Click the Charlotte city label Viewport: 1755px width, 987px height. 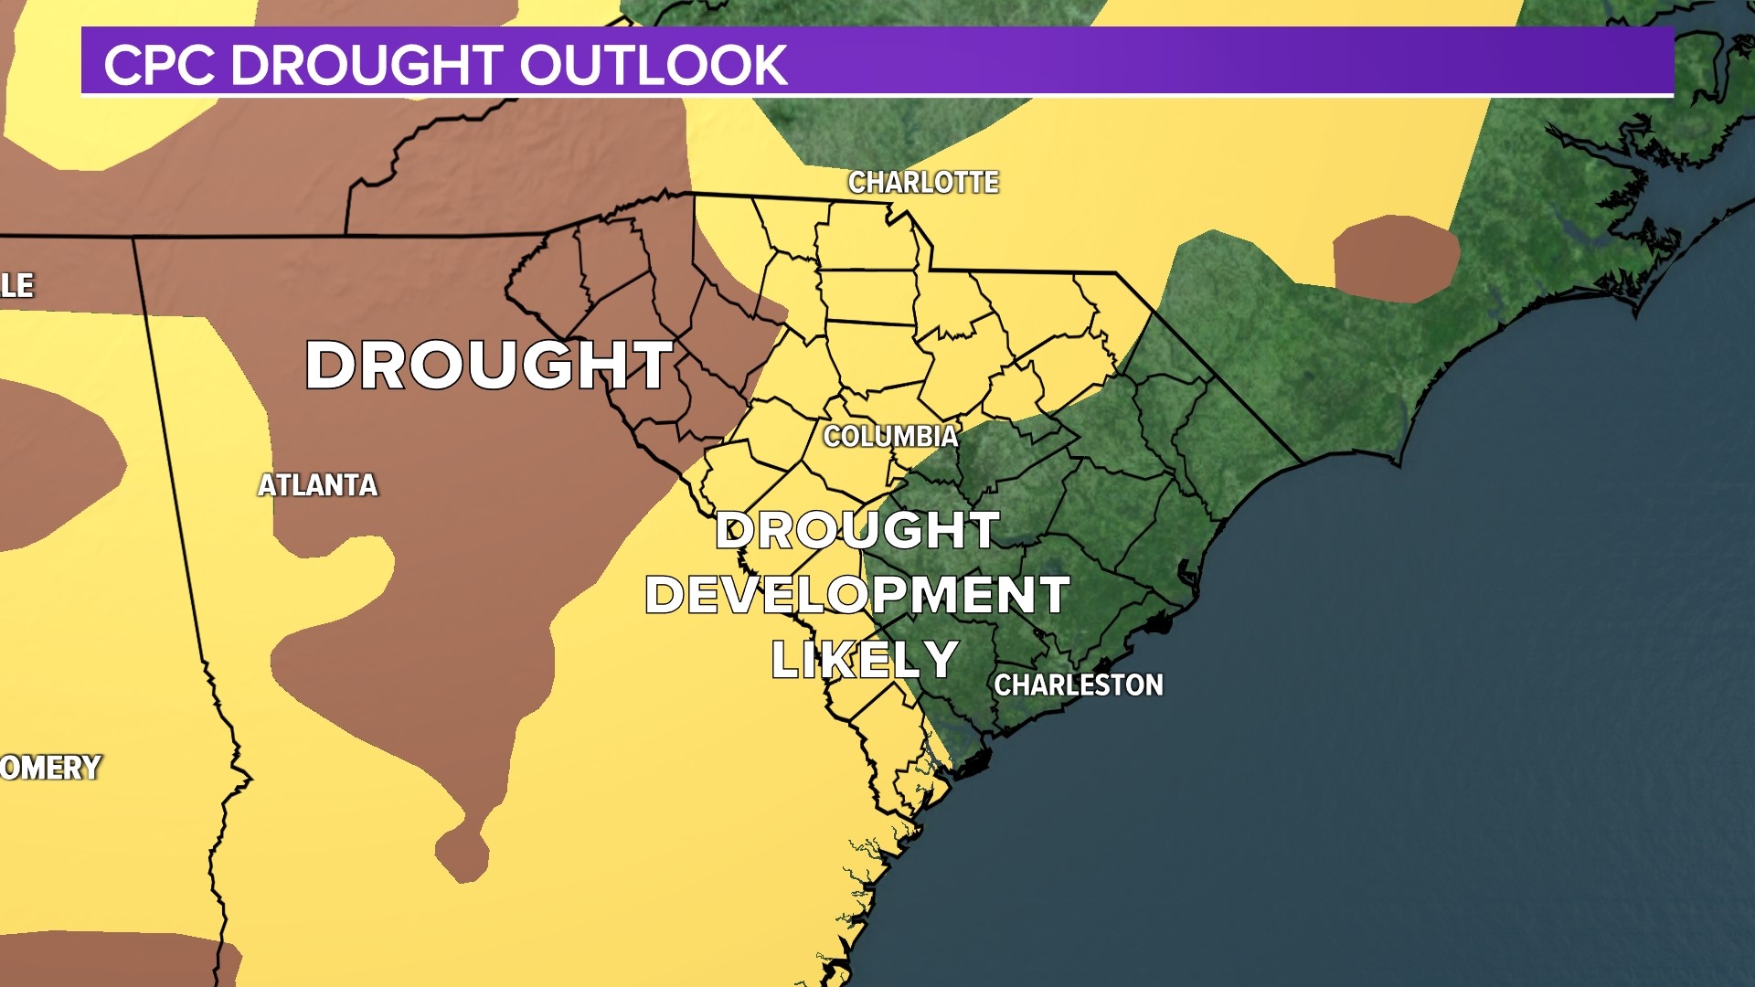coord(923,183)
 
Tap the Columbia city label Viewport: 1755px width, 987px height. coord(891,436)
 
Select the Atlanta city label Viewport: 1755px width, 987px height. coord(317,485)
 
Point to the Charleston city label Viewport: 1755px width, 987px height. coord(1079,685)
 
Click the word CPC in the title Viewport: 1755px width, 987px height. coord(159,65)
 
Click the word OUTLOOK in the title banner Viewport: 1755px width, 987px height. coord(653,65)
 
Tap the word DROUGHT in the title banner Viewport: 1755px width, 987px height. coord(367,65)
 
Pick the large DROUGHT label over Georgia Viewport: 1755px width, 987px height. coord(489,366)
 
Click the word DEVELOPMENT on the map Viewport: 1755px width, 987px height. coord(857,595)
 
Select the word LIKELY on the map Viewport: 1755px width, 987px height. coord(865,660)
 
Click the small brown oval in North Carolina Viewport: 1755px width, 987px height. coord(1395,259)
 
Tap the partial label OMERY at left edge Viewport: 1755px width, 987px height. coord(50,768)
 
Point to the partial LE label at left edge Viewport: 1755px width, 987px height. coord(16,285)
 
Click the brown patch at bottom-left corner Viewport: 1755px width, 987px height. coord(110,960)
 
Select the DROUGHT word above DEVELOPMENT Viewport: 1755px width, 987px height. coord(857,530)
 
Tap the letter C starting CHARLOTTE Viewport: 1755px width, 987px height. coord(857,183)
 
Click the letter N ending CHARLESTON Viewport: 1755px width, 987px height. coord(1154,685)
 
